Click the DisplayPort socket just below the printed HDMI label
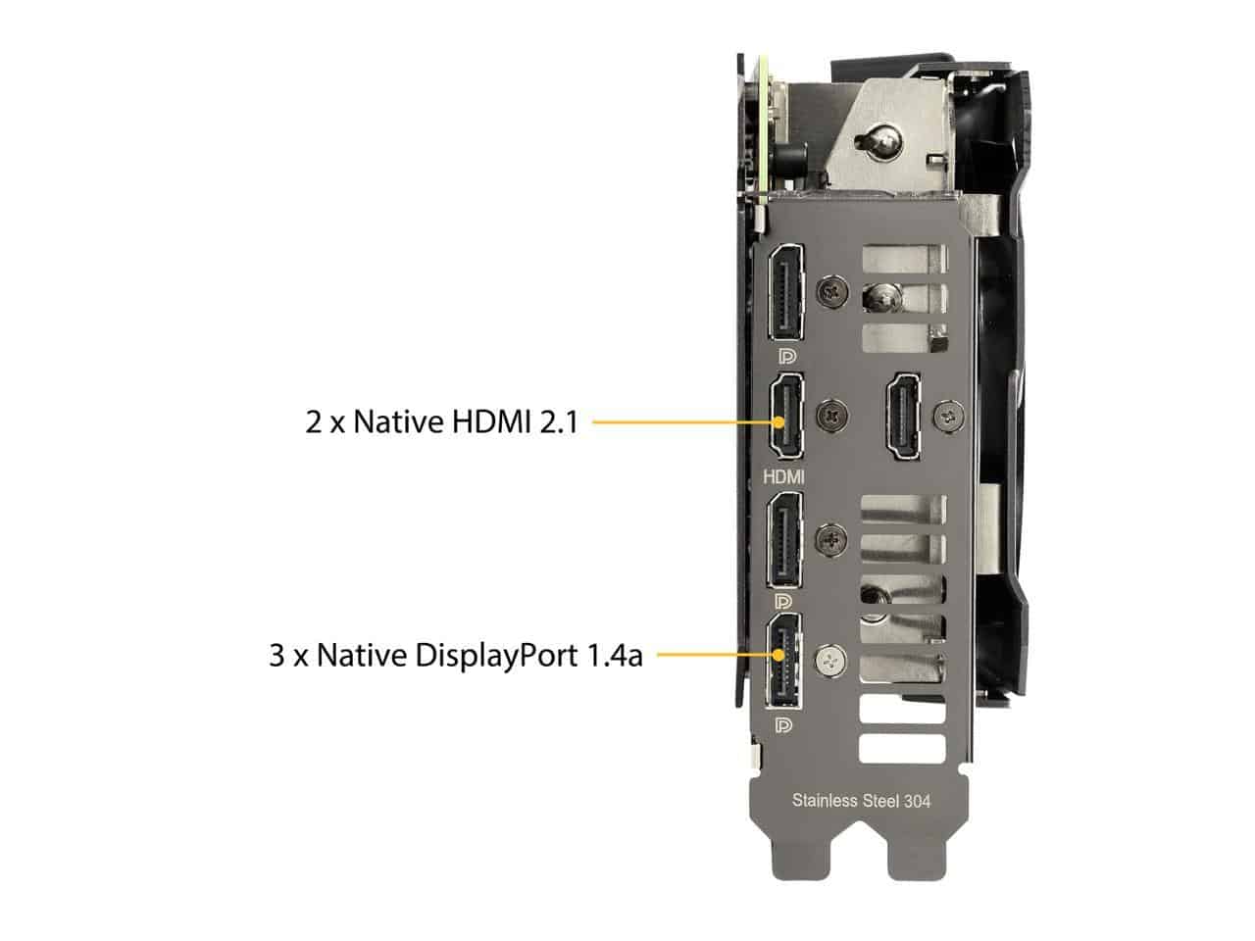pos(783,539)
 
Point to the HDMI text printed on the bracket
pos(783,476)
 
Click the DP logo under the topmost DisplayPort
pos(787,357)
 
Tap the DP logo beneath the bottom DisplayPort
pos(783,725)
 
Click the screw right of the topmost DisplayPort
pos(832,292)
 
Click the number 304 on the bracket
pos(917,802)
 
